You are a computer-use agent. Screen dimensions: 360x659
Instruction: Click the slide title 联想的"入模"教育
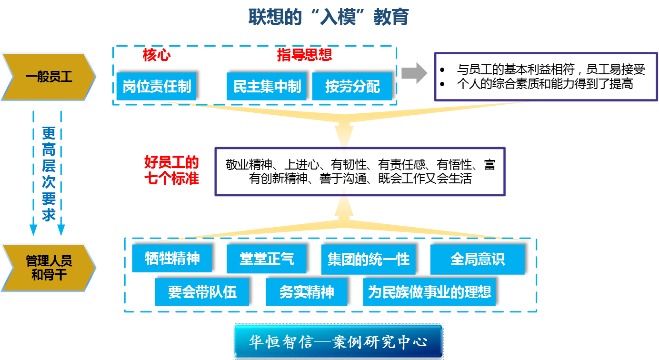tap(329, 18)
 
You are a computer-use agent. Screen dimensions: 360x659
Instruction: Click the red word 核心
tap(157, 55)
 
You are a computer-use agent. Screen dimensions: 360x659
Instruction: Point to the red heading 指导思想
tap(305, 55)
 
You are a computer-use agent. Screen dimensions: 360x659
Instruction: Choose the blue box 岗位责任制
tap(156, 87)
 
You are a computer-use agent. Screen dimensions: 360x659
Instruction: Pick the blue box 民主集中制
tap(267, 87)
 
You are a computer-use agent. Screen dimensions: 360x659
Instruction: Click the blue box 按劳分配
tap(352, 87)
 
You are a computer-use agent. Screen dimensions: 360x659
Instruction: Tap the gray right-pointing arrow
tap(414, 73)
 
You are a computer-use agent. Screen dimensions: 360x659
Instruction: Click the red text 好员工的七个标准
tap(172, 170)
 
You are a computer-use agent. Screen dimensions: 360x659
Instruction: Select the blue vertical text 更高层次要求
tap(48, 174)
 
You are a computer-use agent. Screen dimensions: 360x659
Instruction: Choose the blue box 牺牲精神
tap(172, 259)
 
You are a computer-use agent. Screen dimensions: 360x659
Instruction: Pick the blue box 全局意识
tap(477, 260)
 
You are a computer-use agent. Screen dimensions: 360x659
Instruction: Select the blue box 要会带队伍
tap(202, 292)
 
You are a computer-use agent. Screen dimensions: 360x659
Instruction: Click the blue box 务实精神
tap(306, 292)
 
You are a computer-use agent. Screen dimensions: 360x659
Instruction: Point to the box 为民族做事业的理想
tap(429, 292)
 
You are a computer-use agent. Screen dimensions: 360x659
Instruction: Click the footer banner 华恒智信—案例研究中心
tap(338, 341)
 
